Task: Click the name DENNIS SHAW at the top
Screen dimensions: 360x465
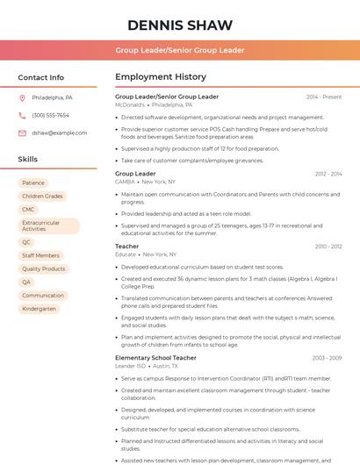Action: point(180,25)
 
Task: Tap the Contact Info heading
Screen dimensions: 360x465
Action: point(41,77)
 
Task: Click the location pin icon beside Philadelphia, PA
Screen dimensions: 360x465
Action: point(22,98)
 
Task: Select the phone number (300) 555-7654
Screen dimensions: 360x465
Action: point(50,115)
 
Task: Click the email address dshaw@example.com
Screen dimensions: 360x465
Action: point(54,132)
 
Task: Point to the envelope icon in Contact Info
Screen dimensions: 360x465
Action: point(22,132)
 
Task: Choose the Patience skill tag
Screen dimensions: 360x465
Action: point(33,182)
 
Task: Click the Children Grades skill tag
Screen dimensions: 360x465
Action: point(42,196)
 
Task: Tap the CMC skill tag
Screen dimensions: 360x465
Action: point(28,209)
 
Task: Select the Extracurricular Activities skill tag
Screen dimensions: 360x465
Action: point(47,225)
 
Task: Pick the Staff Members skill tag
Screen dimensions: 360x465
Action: point(40,255)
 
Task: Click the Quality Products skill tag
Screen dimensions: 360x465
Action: point(43,268)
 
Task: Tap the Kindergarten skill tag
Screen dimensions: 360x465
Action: point(39,308)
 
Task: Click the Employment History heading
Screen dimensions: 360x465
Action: point(161,77)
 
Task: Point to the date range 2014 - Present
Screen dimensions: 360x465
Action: point(324,97)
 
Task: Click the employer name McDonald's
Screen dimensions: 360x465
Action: point(130,104)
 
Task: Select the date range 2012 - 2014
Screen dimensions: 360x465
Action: point(328,174)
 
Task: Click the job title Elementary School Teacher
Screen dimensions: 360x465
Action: point(155,357)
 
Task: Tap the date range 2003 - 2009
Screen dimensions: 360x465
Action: point(327,357)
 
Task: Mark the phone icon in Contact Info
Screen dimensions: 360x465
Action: point(22,115)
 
